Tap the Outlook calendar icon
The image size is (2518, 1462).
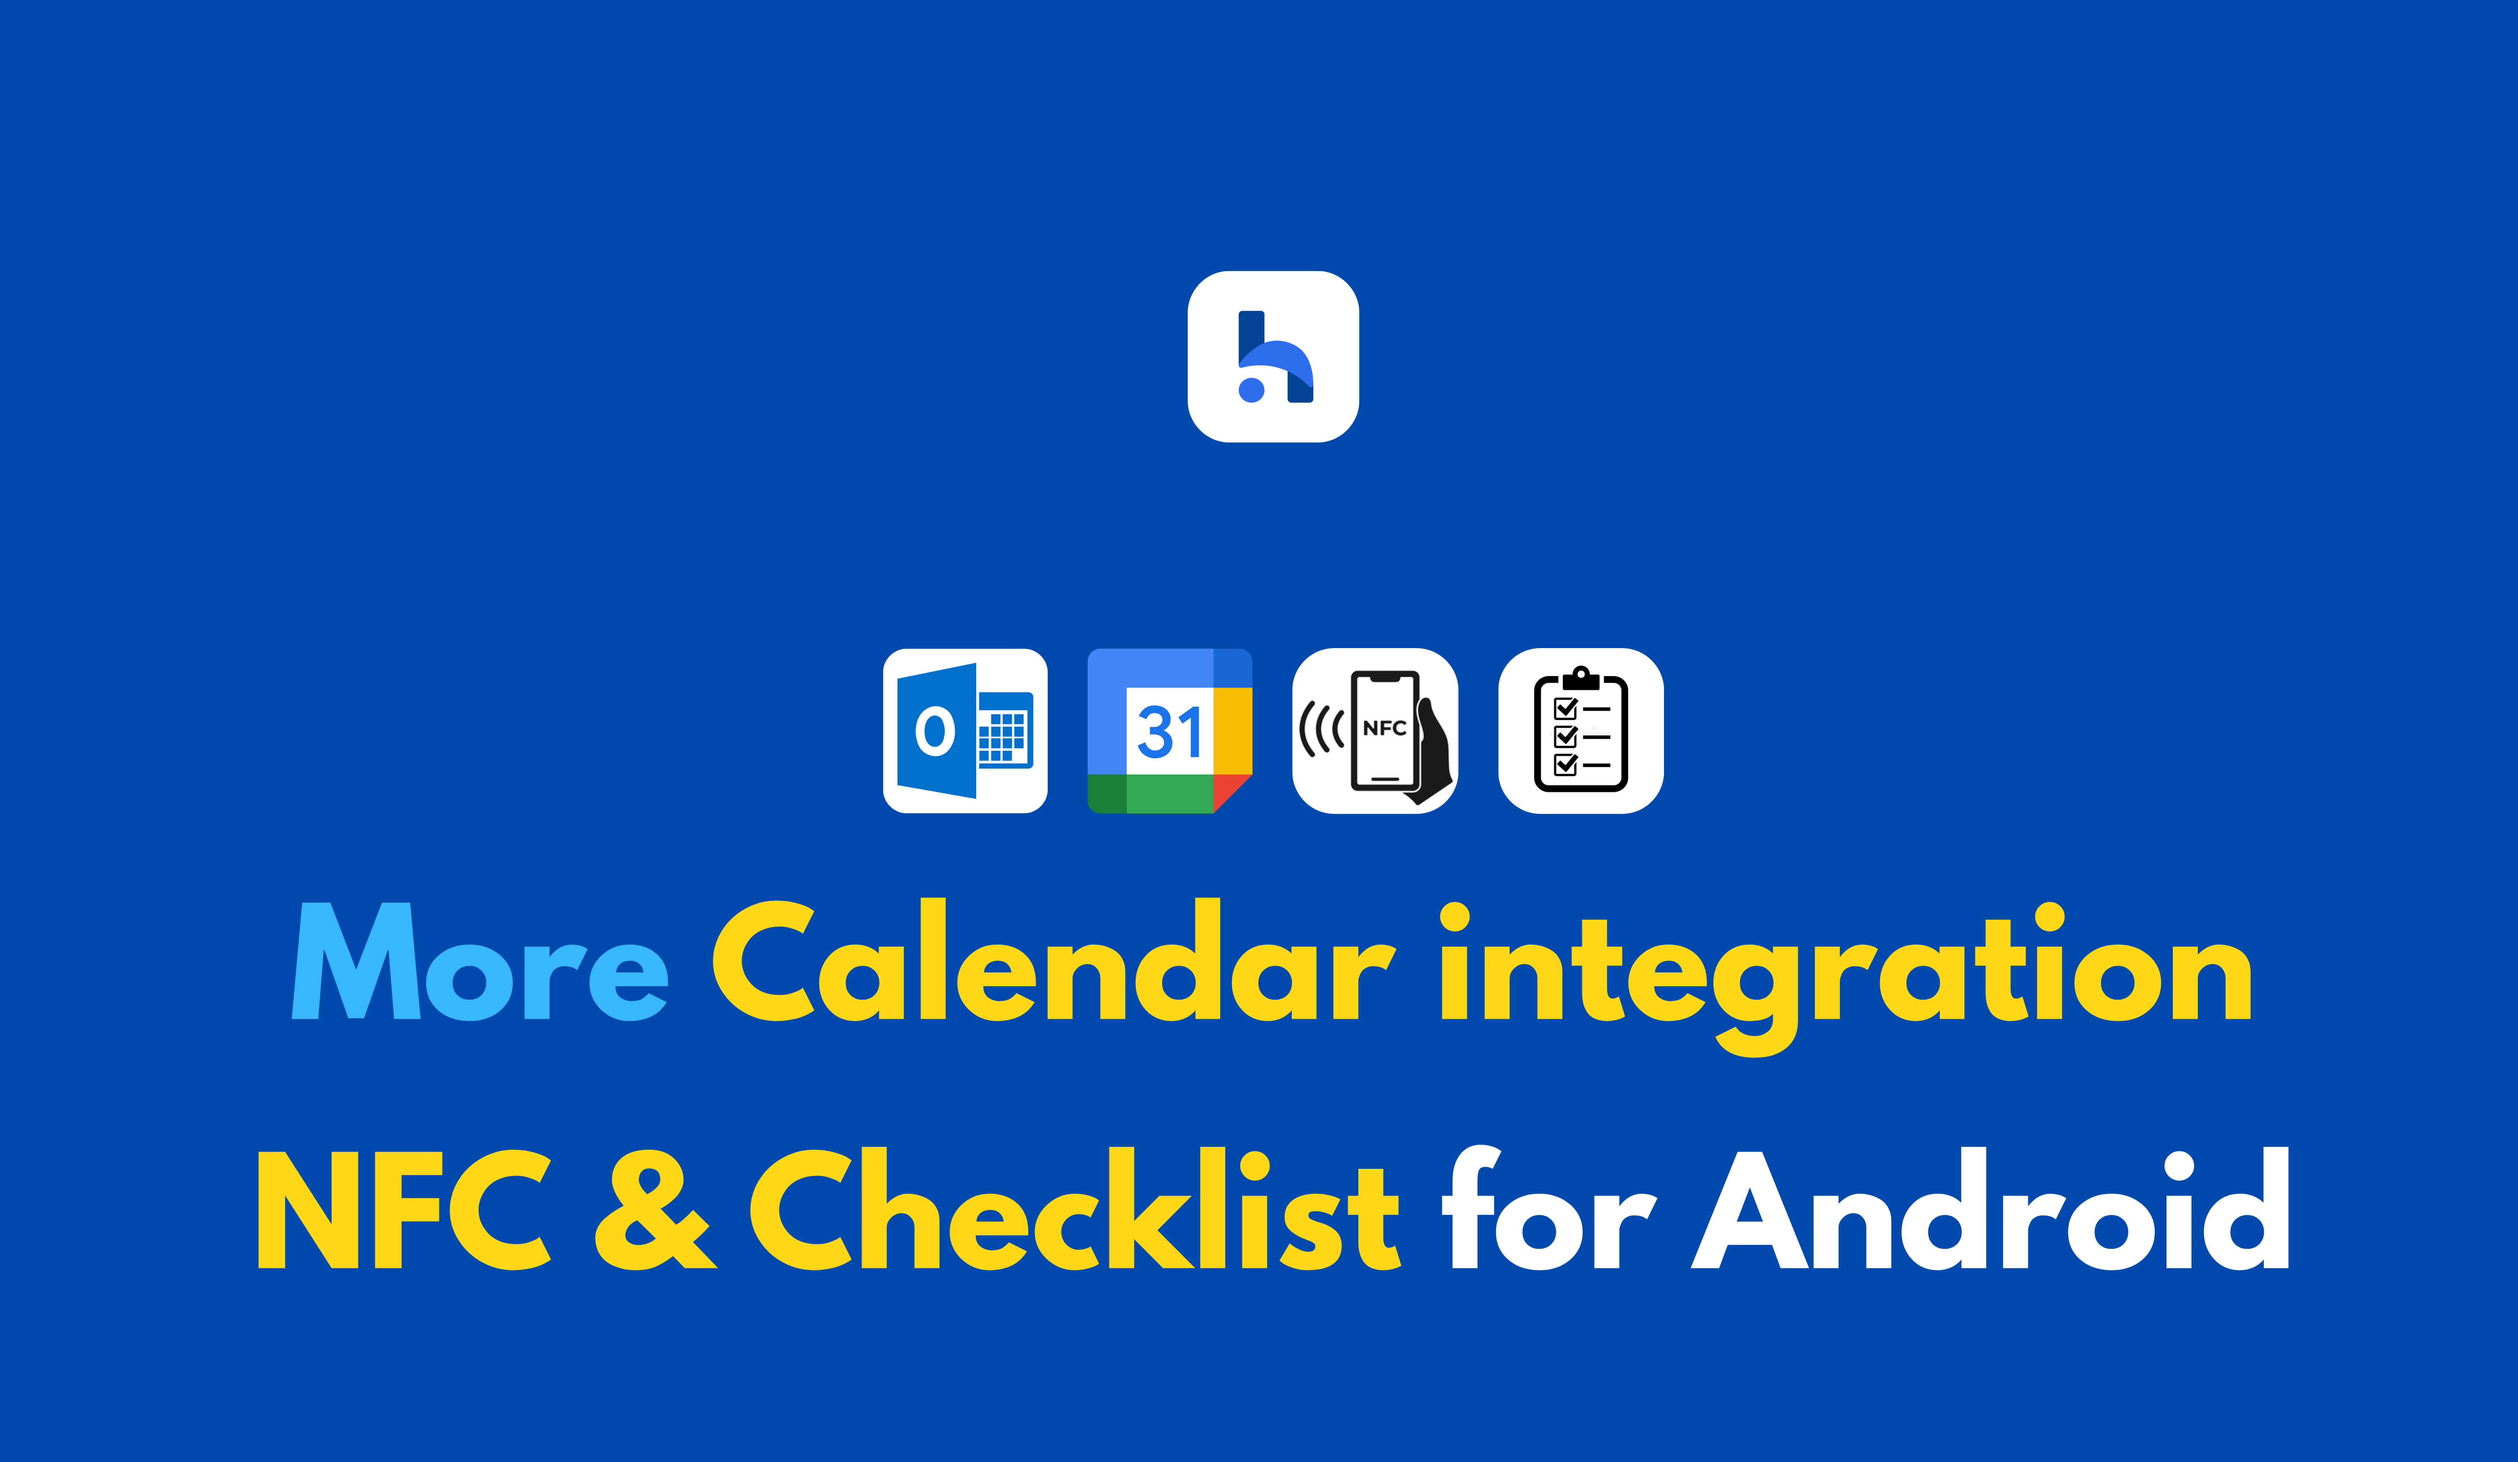(965, 731)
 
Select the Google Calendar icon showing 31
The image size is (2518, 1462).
(1170, 731)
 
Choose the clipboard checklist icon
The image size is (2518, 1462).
(1581, 731)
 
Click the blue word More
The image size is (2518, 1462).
(480, 962)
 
